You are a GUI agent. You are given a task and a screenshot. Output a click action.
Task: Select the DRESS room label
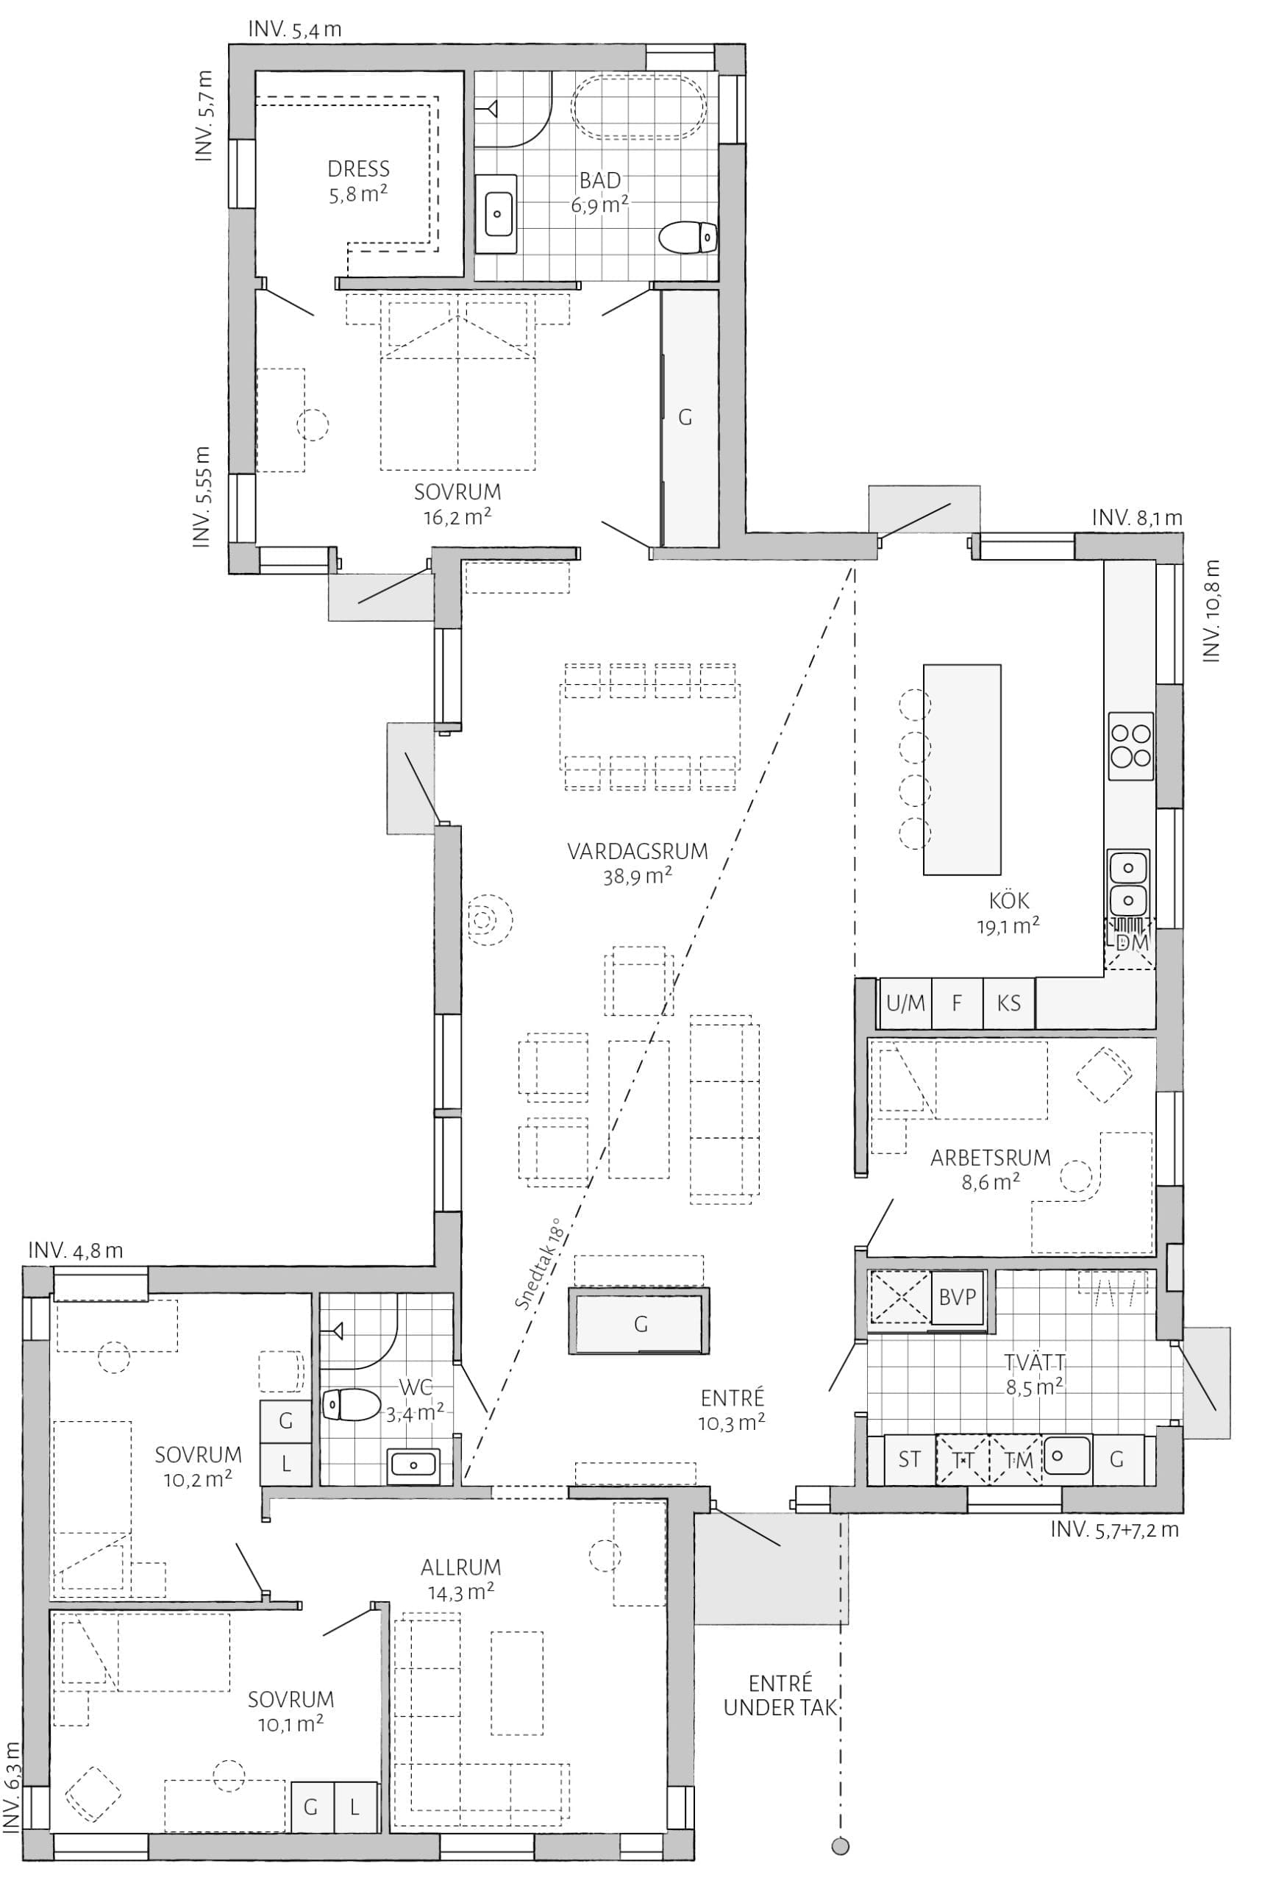[x=358, y=168]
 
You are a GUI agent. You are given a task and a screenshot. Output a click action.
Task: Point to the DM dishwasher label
[x=1132, y=942]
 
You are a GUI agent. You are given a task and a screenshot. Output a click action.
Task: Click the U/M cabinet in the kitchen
[x=905, y=1003]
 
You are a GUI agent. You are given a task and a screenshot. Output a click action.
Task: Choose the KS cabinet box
[x=1008, y=1003]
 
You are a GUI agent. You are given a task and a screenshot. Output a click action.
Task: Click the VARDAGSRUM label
[x=638, y=852]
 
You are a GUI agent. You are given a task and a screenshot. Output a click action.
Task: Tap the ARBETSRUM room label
[x=990, y=1158]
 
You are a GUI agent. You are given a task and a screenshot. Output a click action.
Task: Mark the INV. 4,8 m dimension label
[x=75, y=1250]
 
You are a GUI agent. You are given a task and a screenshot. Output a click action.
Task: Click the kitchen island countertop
[x=962, y=769]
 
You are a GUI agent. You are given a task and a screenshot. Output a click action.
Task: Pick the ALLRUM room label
[x=461, y=1567]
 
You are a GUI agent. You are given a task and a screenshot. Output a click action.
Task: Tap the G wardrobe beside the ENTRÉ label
[x=640, y=1324]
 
